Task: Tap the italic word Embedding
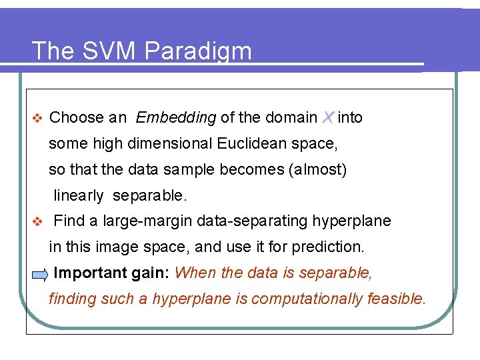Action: point(175,118)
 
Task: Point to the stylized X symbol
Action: point(327,117)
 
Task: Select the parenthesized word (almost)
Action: point(317,169)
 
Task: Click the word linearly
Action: point(79,195)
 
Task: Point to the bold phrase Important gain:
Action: point(112,273)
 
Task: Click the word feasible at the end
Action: point(395,299)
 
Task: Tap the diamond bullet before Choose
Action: point(37,118)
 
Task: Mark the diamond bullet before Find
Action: point(37,221)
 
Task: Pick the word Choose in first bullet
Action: point(77,118)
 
